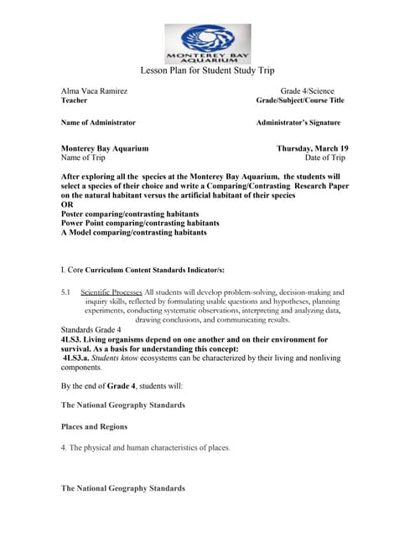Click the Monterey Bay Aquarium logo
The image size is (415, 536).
click(x=206, y=44)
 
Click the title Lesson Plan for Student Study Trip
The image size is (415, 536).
click(x=206, y=71)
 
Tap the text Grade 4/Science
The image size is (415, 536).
click(x=307, y=90)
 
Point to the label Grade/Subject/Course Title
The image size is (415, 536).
click(x=299, y=100)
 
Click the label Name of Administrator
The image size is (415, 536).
click(x=98, y=122)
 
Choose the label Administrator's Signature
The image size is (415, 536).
click(x=298, y=122)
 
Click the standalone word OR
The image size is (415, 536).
click(x=67, y=204)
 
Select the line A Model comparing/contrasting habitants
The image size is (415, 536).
click(x=133, y=233)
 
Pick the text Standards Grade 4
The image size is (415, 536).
click(x=91, y=330)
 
